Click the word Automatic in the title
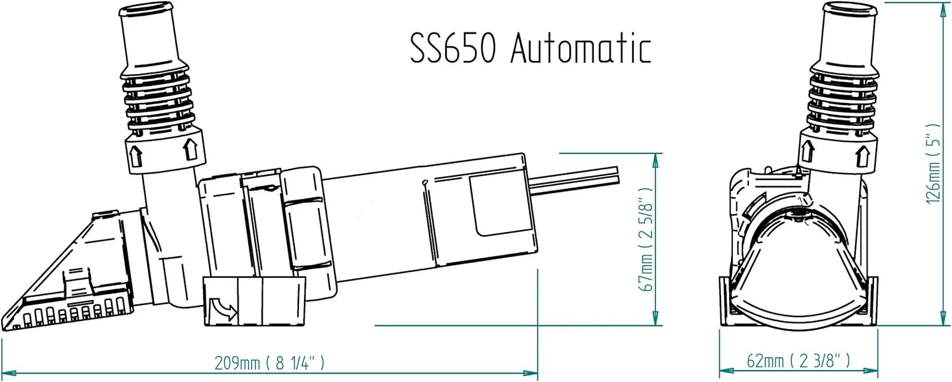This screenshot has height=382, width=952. [581, 48]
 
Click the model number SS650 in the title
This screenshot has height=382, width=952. [453, 48]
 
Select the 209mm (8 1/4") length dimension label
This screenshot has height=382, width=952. [270, 363]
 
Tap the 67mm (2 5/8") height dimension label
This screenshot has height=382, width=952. [646, 239]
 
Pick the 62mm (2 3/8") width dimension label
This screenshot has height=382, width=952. [798, 360]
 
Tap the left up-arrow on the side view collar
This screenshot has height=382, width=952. [136, 156]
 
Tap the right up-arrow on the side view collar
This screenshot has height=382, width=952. [190, 149]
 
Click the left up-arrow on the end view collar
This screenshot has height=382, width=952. [807, 151]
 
